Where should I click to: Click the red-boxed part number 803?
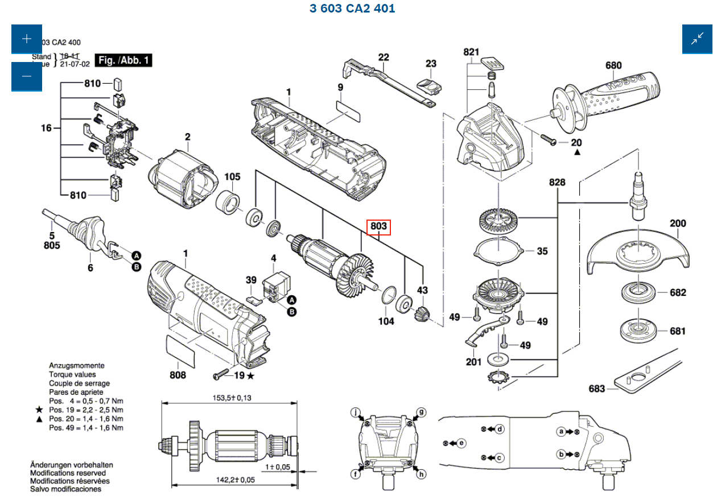click(379, 226)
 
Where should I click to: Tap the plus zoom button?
click(27, 39)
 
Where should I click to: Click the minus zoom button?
click(27, 76)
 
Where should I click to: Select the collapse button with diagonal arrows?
click(697, 39)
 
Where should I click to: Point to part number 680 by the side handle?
click(613, 65)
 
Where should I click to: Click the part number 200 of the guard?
click(678, 224)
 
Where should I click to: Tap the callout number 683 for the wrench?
click(597, 389)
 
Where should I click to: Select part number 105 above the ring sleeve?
click(232, 177)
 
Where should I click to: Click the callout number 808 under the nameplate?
click(178, 375)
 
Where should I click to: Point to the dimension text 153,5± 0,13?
click(232, 398)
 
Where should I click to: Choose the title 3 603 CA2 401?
click(352, 9)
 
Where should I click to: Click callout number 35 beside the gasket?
click(542, 251)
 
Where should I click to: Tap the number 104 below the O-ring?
click(386, 321)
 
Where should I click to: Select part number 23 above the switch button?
click(431, 64)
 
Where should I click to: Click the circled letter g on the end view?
click(422, 412)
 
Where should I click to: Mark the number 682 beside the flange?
click(678, 292)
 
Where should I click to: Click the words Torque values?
click(72, 374)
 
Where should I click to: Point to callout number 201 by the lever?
click(473, 362)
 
